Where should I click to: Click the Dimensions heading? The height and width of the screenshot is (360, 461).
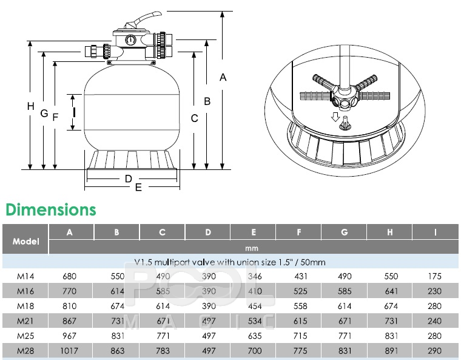(51, 209)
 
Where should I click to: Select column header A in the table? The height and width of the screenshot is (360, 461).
(70, 233)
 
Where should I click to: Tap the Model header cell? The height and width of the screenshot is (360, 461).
(25, 242)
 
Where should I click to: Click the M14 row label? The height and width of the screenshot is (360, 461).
(25, 276)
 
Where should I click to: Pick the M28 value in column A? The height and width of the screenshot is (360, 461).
(69, 351)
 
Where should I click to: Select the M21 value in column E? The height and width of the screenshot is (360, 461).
(255, 321)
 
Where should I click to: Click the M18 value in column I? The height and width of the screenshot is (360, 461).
(434, 306)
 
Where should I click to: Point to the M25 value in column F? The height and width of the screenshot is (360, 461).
(300, 336)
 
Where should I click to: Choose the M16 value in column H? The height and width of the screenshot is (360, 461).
(391, 291)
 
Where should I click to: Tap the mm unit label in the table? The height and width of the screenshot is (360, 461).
(252, 248)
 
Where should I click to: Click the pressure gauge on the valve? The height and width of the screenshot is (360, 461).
(130, 39)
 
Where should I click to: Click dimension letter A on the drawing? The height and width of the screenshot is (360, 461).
(223, 77)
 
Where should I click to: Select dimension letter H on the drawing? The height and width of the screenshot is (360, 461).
(30, 106)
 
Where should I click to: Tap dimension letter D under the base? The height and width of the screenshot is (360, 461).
(129, 178)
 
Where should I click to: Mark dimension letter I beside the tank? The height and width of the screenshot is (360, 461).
(75, 112)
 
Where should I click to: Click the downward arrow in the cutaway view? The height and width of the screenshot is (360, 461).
(335, 117)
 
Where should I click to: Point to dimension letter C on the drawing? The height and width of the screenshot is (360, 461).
(194, 118)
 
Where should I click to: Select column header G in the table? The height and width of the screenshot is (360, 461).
(345, 233)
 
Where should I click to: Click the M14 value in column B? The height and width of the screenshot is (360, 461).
(118, 276)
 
